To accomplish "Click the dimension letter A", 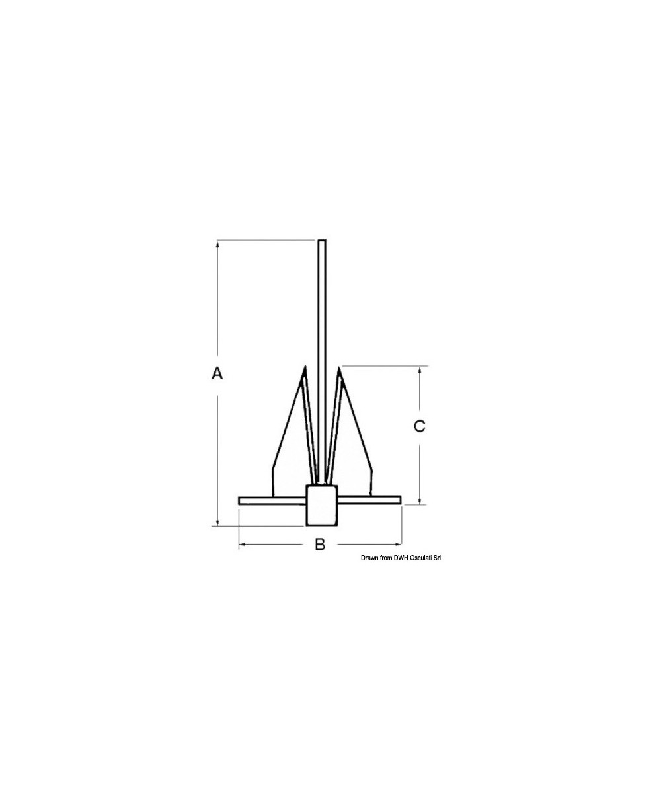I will (217, 373).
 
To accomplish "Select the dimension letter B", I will (320, 545).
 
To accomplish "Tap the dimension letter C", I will (419, 427).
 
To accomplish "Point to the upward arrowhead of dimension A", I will (217, 244).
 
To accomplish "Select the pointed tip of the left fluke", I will (305, 368).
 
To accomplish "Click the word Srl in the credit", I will (437, 558).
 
